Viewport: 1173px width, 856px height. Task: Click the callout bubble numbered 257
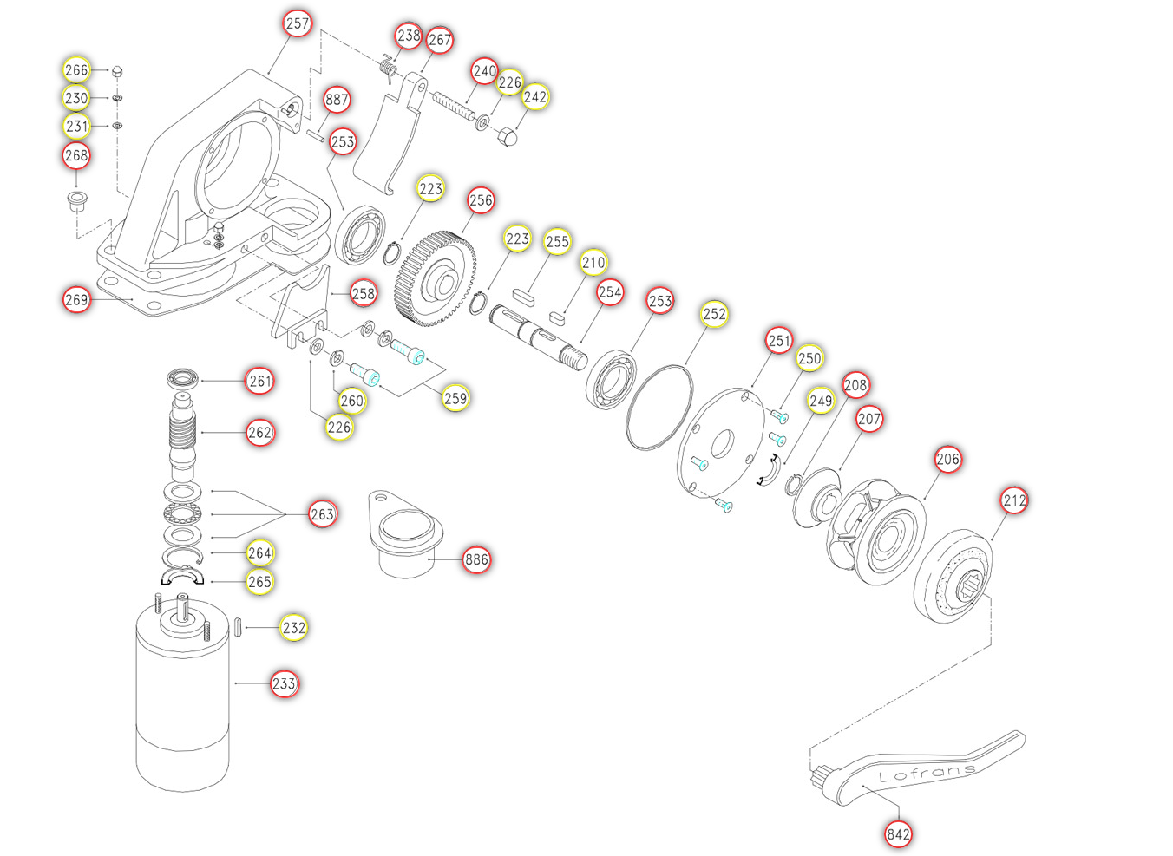(x=297, y=23)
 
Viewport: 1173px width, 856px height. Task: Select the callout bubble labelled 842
(x=898, y=834)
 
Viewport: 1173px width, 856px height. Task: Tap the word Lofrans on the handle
(x=927, y=773)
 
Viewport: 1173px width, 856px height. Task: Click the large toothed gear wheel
(x=436, y=278)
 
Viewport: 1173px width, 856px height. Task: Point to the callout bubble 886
(x=476, y=559)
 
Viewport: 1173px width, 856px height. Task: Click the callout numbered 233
(x=285, y=683)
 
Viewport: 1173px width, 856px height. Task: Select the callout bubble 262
(x=260, y=433)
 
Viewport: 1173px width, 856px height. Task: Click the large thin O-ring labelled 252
(x=659, y=408)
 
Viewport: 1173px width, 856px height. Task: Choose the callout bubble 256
(x=481, y=200)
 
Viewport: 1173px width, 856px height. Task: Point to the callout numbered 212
(x=1014, y=500)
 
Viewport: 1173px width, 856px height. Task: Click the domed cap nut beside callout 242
(x=507, y=135)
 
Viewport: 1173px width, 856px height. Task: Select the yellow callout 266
(x=76, y=70)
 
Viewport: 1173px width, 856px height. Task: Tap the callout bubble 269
(x=76, y=299)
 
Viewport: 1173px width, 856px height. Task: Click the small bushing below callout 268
(x=77, y=201)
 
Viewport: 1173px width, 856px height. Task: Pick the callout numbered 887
(x=337, y=100)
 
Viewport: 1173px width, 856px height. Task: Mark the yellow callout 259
(x=455, y=398)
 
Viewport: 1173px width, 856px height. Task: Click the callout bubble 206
(x=947, y=459)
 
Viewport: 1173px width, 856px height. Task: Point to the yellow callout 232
(x=294, y=627)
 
